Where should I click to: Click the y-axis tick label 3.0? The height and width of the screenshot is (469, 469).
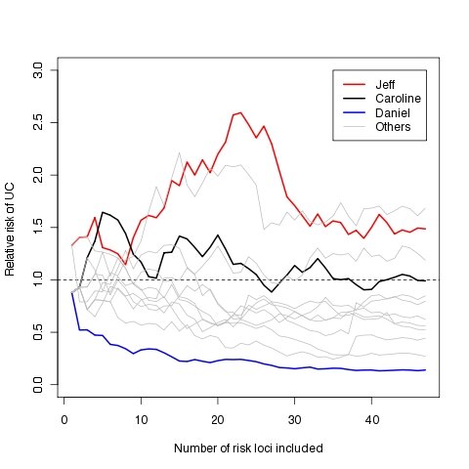click(38, 70)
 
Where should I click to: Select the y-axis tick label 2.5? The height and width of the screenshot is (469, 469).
click(38, 123)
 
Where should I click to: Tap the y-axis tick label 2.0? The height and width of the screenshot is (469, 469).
click(38, 176)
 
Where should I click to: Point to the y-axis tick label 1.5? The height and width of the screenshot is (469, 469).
click(38, 228)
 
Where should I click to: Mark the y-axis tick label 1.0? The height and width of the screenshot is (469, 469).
click(38, 280)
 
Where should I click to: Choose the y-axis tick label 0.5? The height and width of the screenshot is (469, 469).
click(38, 332)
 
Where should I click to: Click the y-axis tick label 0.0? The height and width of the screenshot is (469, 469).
click(38, 385)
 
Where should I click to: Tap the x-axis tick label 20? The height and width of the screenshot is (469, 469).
click(217, 417)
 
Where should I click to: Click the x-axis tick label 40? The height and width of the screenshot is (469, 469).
click(371, 417)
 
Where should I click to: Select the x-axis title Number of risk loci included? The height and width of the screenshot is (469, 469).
click(248, 448)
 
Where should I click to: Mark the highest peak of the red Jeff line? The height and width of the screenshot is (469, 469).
click(240, 112)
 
